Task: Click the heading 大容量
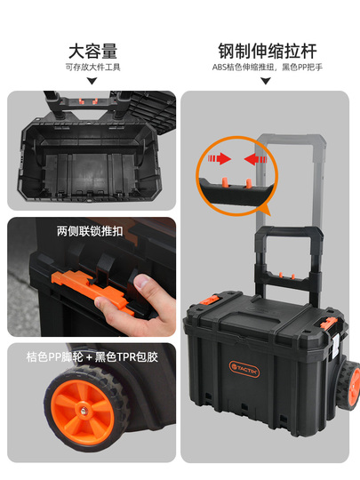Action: click(x=92, y=52)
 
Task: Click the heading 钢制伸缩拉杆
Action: click(x=268, y=52)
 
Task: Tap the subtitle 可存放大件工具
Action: click(x=92, y=68)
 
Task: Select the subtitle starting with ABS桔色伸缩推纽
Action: click(x=268, y=67)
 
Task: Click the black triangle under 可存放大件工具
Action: click(x=92, y=81)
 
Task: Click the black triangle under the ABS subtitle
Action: click(x=266, y=81)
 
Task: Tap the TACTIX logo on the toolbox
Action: click(x=244, y=369)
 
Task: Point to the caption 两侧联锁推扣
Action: click(x=90, y=231)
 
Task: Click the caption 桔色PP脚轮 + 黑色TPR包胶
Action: click(x=92, y=357)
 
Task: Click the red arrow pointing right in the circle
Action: click(x=220, y=159)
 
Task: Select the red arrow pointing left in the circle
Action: click(x=256, y=159)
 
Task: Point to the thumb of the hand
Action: click(x=143, y=284)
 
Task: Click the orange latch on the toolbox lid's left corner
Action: click(x=210, y=300)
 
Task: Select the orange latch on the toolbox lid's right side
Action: click(x=328, y=324)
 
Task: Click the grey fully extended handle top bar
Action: click(x=291, y=139)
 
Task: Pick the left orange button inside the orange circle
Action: click(x=225, y=181)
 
